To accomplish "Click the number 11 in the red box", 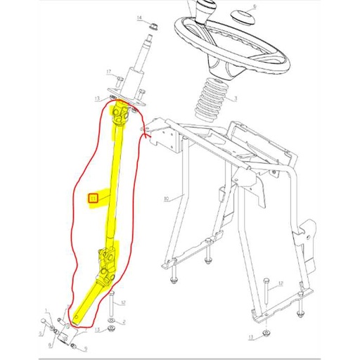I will click(92, 198).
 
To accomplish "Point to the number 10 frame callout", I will click(165, 199).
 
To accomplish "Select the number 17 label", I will click(110, 72).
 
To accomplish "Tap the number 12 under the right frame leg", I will click(280, 284).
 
